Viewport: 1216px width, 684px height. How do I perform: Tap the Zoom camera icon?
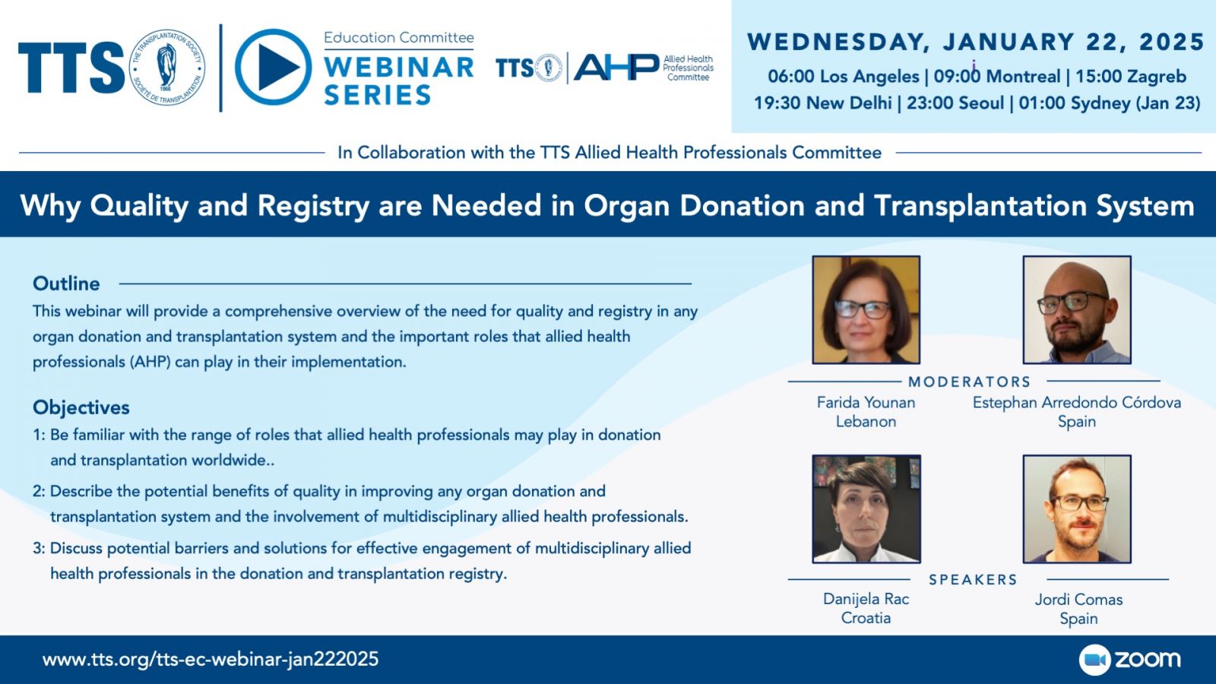coord(1095,660)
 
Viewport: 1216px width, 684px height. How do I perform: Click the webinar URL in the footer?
coord(211,659)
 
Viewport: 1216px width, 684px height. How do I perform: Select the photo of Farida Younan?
coord(866,309)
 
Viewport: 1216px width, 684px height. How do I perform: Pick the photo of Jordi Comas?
coord(1077,509)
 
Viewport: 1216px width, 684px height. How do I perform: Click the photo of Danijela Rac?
coord(866,509)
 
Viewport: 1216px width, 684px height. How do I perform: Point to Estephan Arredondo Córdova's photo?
coord(1077,309)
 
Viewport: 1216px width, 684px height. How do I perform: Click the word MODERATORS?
coord(970,382)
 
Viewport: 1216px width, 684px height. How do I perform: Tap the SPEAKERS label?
coord(973,580)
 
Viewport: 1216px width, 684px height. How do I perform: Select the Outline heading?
coord(66,283)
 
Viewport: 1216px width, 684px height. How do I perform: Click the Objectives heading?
coord(81,407)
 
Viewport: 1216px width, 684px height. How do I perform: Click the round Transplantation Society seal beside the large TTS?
coord(168,68)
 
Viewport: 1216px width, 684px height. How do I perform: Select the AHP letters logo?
coord(616,68)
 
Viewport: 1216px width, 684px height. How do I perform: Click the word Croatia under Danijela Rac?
coord(866,618)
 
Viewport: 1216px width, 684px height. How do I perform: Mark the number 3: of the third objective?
coord(39,549)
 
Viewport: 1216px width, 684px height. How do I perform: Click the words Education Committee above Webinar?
coord(398,37)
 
